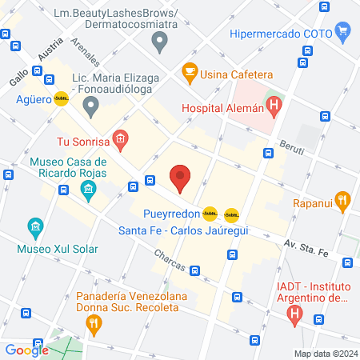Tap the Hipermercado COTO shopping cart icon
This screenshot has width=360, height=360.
point(344,34)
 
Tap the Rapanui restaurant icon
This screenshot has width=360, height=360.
point(342,200)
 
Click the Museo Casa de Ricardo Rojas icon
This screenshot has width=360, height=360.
point(88,190)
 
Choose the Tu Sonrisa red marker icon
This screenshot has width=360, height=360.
point(120,142)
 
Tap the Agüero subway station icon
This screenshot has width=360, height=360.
point(62,100)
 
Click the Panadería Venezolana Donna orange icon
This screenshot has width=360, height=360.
point(94,323)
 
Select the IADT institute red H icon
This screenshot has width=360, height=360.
point(294,314)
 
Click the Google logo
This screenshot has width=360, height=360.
point(26,350)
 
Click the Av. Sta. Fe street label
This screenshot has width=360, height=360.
point(306,249)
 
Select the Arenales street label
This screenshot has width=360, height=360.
point(84,50)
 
